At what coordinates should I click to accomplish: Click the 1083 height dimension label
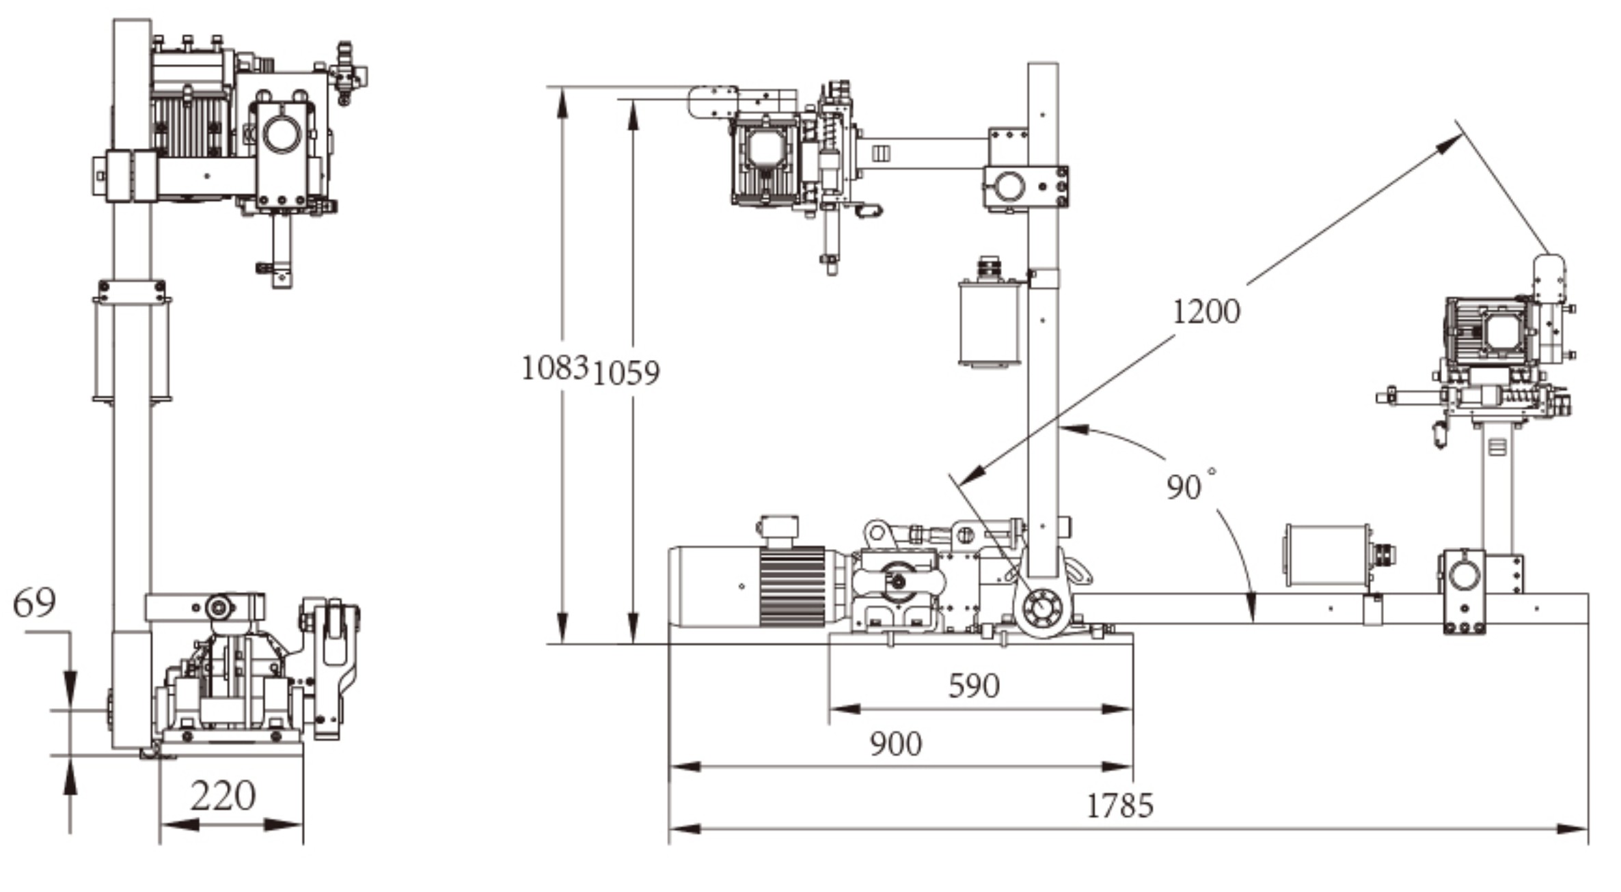[x=554, y=369]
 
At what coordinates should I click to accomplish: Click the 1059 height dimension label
[x=626, y=374]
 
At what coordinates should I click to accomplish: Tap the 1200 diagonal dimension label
[x=1205, y=312]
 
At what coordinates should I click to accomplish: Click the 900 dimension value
[x=895, y=744]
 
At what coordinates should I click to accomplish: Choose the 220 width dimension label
[x=223, y=796]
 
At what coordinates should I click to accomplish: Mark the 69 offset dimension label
[x=34, y=603]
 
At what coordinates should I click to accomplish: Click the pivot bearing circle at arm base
[x=1041, y=607]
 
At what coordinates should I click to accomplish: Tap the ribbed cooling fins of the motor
[x=793, y=587]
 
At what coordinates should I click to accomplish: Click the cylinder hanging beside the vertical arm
[x=990, y=324]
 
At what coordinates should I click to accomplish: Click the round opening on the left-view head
[x=282, y=134]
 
